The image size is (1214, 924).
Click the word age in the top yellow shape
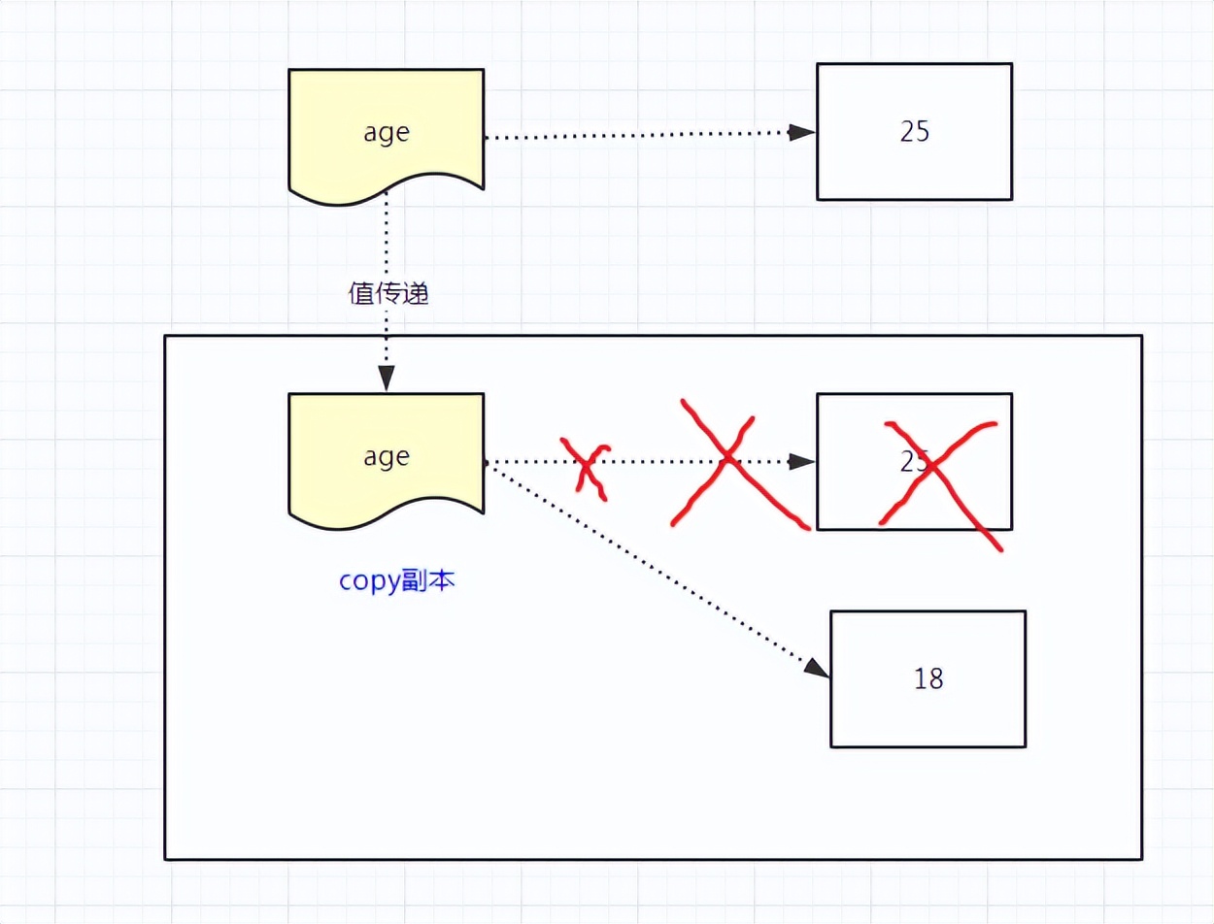(387, 133)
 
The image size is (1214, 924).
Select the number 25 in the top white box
(914, 132)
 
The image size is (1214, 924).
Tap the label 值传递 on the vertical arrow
(388, 293)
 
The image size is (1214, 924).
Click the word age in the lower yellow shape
(387, 456)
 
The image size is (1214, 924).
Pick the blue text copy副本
(397, 581)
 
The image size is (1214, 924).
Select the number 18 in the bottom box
(928, 678)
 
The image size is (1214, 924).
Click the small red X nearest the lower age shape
(586, 467)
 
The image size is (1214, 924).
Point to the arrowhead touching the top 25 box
(802, 133)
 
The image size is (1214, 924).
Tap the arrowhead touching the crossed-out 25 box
(802, 462)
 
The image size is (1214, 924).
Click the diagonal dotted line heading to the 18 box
(651, 567)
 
